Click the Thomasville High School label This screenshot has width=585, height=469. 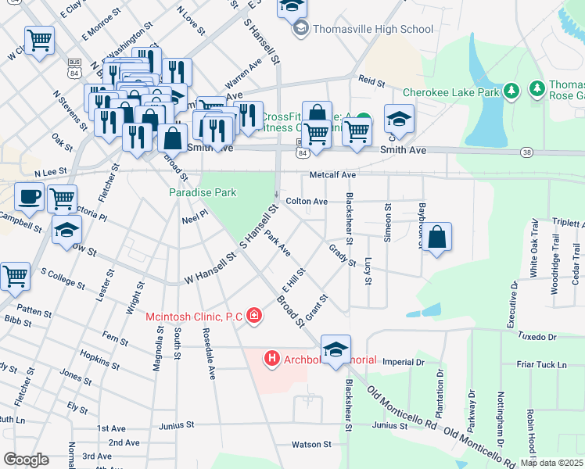pos(372,30)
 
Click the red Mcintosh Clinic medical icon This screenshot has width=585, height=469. pos(253,316)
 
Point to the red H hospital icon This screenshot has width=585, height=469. pos(272,360)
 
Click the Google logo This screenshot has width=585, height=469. pos(26,460)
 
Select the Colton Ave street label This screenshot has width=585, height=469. pos(307,202)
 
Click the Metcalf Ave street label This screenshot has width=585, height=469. pos(332,175)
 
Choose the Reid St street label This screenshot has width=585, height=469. pos(372,81)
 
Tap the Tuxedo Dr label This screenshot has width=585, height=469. pos(536,337)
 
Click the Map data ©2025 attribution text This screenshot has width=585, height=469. pos(551,463)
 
